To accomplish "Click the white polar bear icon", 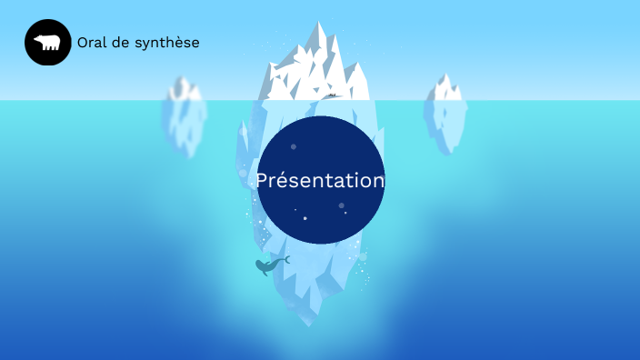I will [x=47, y=43].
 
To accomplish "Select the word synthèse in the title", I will [x=170, y=43].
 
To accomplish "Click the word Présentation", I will [x=320, y=180].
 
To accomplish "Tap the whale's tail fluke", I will [x=285, y=260].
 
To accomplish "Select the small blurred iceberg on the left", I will [x=184, y=118].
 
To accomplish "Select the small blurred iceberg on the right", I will [x=445, y=115].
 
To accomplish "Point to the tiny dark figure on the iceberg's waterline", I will [x=333, y=94].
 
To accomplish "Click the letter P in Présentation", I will [x=262, y=180].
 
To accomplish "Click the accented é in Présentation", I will [x=282, y=180].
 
